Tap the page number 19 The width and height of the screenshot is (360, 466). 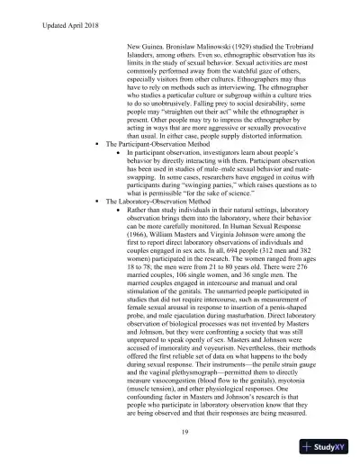(x=183, y=432)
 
